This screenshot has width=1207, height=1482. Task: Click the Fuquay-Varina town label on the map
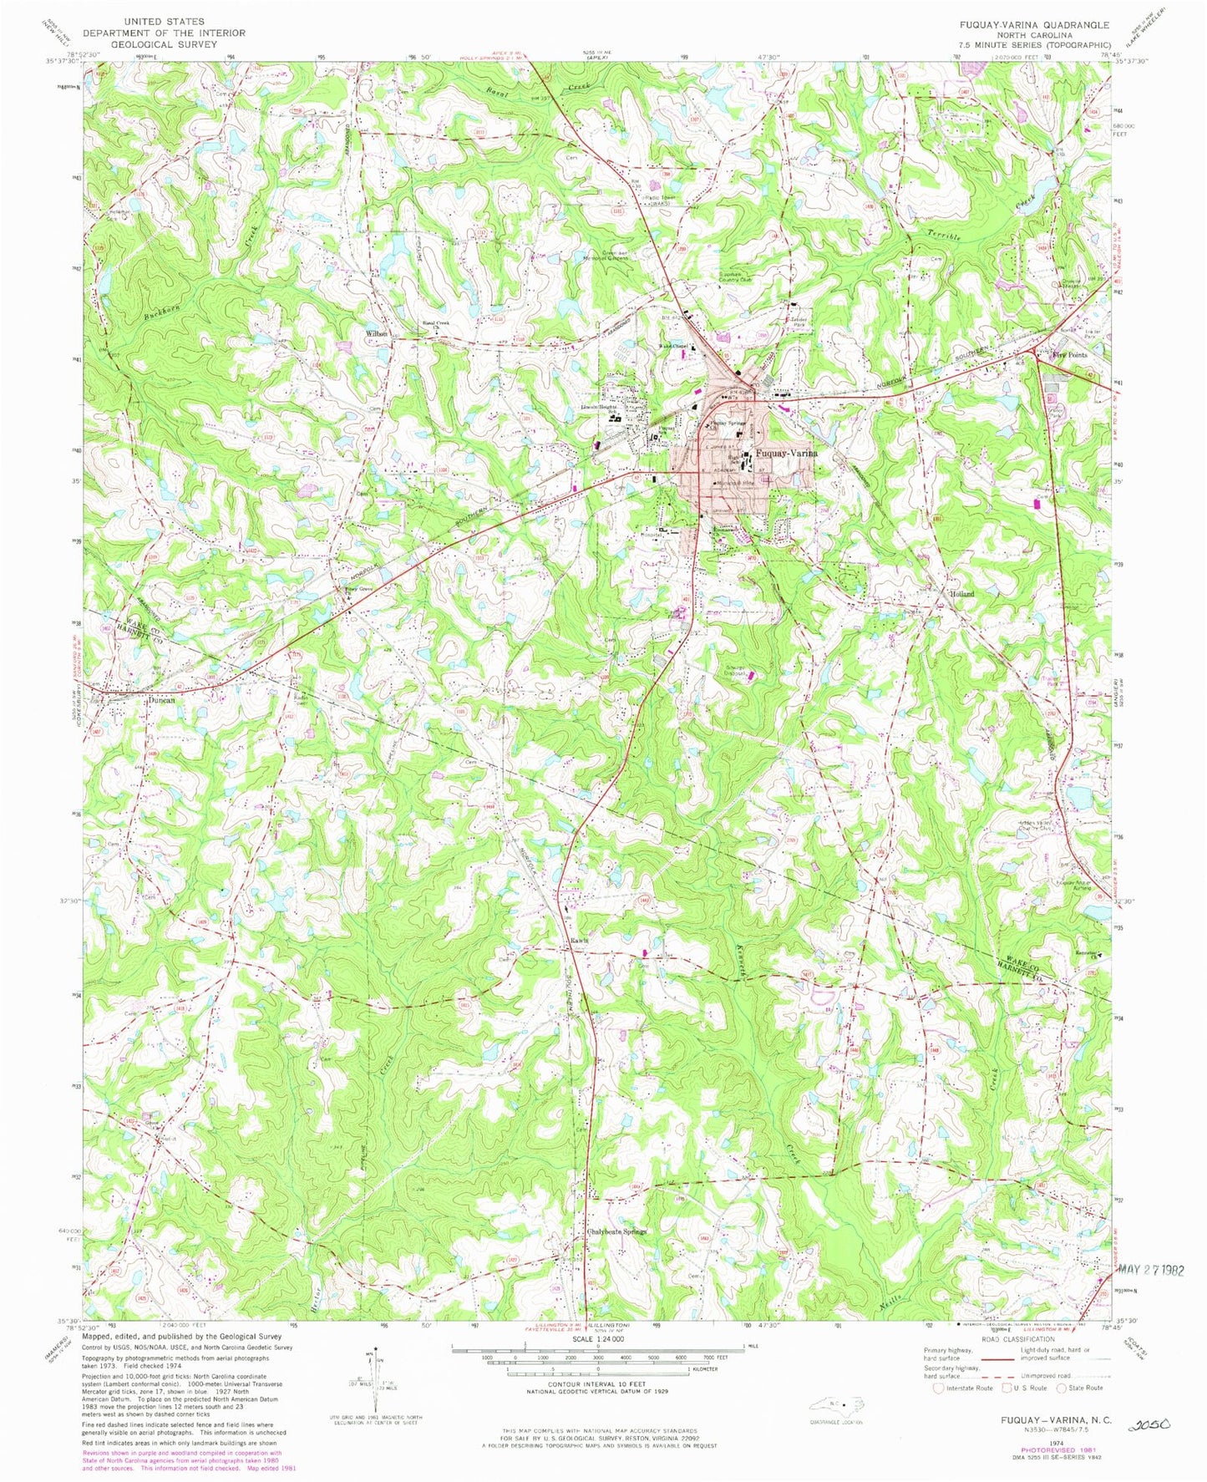784,453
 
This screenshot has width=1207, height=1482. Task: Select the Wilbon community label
376,333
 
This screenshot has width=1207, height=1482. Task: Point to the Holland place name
961,593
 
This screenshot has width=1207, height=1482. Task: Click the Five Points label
1070,355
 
